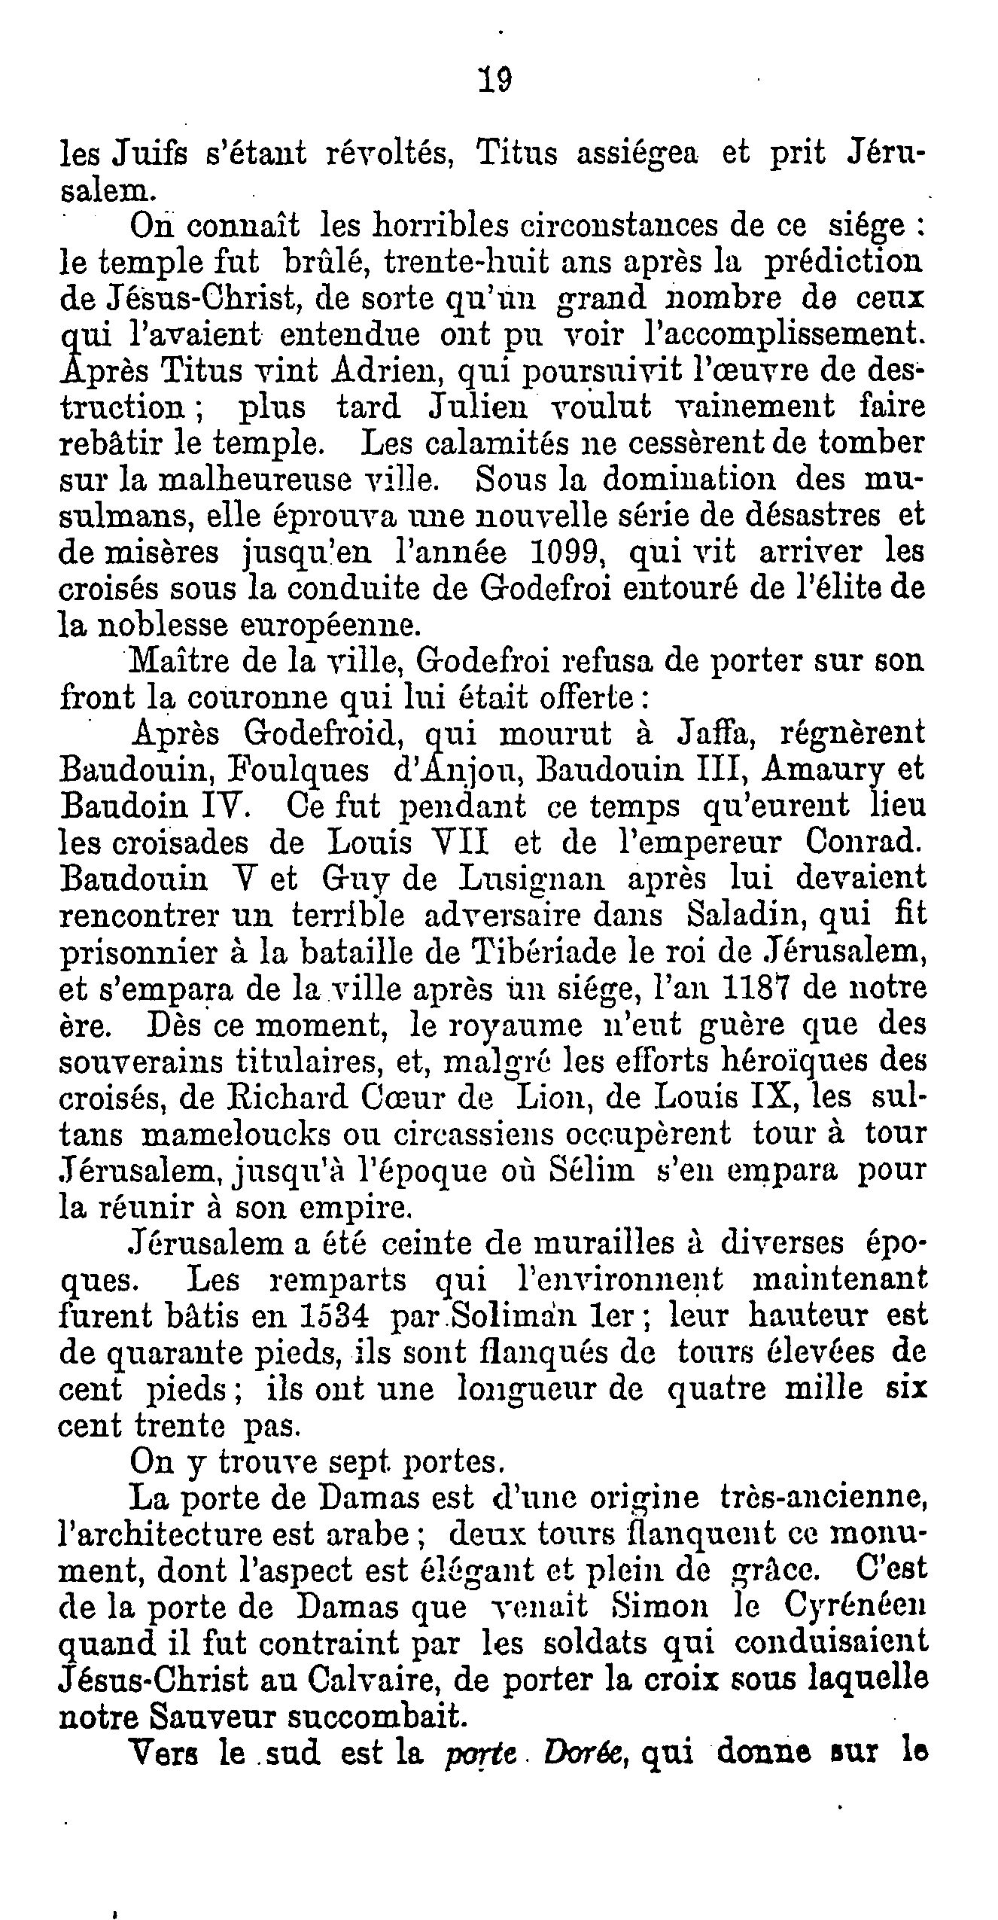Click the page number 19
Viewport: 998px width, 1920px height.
point(494,78)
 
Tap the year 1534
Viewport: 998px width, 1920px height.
point(333,1316)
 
